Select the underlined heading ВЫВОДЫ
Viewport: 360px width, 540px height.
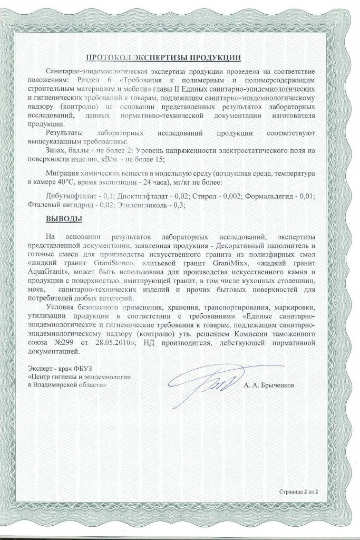63,218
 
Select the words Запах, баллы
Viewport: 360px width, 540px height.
65,150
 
